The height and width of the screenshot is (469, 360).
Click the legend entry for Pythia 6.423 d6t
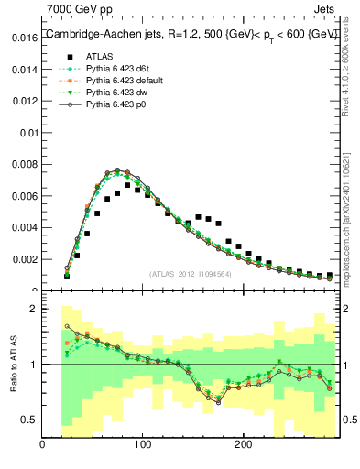115,69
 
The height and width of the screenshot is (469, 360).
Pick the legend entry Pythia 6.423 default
123,81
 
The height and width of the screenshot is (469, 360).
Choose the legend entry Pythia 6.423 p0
113,104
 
